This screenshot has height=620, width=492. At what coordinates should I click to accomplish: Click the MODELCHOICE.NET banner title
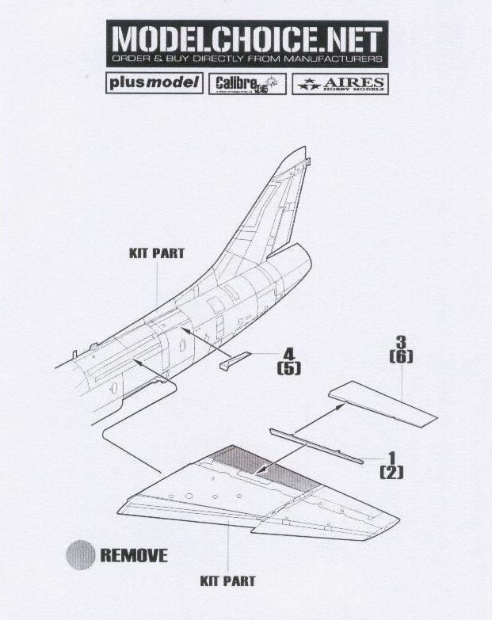246,39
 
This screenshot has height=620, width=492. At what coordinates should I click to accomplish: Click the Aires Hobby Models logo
340,84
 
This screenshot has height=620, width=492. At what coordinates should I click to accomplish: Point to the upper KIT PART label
156,253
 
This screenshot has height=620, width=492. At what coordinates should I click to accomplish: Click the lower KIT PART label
227,580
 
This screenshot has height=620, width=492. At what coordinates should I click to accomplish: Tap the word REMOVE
133,554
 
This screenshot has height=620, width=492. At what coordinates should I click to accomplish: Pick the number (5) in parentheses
288,368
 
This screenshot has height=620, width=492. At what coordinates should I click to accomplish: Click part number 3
401,341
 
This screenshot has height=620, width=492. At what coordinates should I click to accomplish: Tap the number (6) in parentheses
401,356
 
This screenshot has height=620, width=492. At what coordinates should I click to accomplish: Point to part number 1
391,458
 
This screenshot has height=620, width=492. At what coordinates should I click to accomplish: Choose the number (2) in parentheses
391,473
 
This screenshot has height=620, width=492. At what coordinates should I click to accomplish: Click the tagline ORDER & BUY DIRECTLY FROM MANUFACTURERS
246,59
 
